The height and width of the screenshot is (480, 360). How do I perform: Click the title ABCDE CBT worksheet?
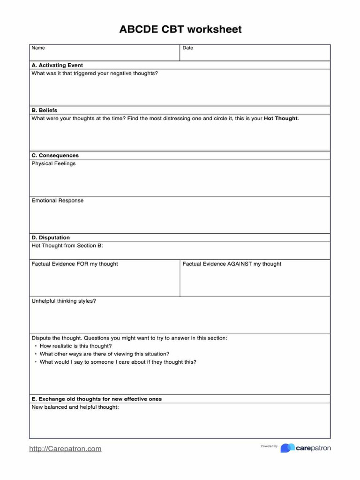click(x=180, y=30)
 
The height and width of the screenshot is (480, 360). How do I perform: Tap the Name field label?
click(x=38, y=48)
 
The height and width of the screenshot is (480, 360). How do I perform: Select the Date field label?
click(x=187, y=48)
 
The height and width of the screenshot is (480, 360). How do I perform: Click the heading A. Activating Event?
click(x=57, y=65)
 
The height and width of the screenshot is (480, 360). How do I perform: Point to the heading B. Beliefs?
click(x=45, y=110)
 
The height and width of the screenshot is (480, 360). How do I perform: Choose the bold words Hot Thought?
click(x=280, y=119)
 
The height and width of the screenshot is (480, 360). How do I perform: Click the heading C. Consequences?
click(x=55, y=155)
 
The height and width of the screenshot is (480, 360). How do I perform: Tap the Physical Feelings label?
click(x=53, y=164)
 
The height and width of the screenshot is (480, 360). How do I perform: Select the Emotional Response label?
click(x=57, y=201)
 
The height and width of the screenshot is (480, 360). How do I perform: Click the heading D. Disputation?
click(x=51, y=238)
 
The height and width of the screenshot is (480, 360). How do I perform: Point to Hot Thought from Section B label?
click(x=67, y=246)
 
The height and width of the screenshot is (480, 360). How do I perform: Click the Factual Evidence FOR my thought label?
click(x=75, y=264)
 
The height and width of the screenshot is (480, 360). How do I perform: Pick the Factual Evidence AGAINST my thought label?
click(x=232, y=264)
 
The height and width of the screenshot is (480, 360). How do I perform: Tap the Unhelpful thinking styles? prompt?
click(x=63, y=301)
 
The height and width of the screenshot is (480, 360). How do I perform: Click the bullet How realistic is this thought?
click(x=75, y=346)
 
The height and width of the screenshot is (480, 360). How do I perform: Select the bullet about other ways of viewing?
click(x=104, y=354)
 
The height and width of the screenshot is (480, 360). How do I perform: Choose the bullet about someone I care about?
click(x=118, y=362)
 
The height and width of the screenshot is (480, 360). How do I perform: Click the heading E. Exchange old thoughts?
click(x=97, y=399)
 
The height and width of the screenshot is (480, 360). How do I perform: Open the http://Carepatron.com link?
click(x=65, y=449)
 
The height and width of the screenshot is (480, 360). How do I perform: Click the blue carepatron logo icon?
click(x=287, y=448)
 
